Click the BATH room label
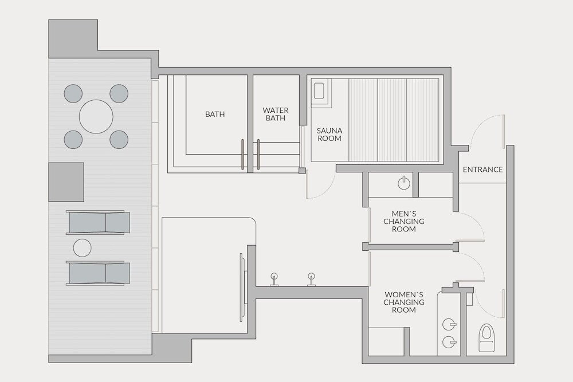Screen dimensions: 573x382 click(215, 115)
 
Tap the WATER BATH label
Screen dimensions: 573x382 click(276, 114)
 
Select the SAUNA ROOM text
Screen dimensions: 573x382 click(329, 135)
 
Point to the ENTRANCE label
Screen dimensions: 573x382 click(482, 170)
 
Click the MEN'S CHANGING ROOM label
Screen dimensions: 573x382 click(404, 221)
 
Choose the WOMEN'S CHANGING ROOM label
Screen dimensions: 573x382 click(404, 302)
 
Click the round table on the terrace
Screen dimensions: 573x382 click(96, 116)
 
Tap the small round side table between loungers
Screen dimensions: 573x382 click(82, 248)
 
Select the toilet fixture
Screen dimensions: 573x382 click(486, 337)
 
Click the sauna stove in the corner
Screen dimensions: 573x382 click(319, 90)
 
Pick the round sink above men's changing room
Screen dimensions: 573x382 click(404, 183)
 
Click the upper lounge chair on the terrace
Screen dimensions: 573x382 click(98, 222)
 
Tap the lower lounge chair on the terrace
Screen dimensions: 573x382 click(98, 273)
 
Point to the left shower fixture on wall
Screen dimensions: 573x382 click(274, 279)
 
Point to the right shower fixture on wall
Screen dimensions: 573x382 click(311, 279)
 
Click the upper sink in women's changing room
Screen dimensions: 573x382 click(449, 324)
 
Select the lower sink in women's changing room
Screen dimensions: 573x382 click(449, 342)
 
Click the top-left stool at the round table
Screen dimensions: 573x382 click(73, 93)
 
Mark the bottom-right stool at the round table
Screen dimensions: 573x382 click(119, 140)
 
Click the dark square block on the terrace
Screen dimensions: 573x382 click(66, 182)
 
